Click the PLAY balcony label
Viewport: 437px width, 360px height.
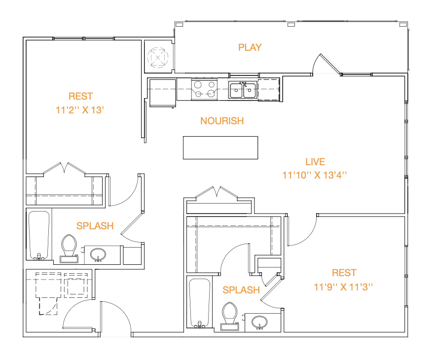point(250,47)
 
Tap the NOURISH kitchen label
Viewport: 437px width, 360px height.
point(222,121)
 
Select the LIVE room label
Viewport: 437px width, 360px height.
point(315,162)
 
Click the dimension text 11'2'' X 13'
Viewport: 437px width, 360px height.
point(80,110)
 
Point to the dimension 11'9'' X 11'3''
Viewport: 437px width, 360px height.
point(343,287)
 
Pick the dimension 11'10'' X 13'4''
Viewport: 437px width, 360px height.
point(315,175)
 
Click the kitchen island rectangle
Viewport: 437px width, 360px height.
point(220,147)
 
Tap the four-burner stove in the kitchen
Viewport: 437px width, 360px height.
point(205,89)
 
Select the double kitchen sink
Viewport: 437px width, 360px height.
point(243,90)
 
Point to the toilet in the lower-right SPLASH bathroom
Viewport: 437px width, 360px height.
point(230,317)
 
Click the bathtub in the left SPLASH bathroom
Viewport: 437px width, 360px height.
point(39,235)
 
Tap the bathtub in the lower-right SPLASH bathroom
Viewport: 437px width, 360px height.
point(199,303)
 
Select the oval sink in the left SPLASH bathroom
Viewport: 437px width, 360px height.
point(98,254)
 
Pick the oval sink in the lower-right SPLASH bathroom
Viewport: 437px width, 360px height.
point(259,323)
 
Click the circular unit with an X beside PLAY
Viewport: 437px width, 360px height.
point(158,57)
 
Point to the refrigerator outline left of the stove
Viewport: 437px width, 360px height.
point(163,93)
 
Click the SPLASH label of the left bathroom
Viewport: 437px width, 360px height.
point(95,226)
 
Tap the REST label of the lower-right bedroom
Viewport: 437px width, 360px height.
point(344,273)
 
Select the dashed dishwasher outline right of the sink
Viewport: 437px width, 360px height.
point(269,90)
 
